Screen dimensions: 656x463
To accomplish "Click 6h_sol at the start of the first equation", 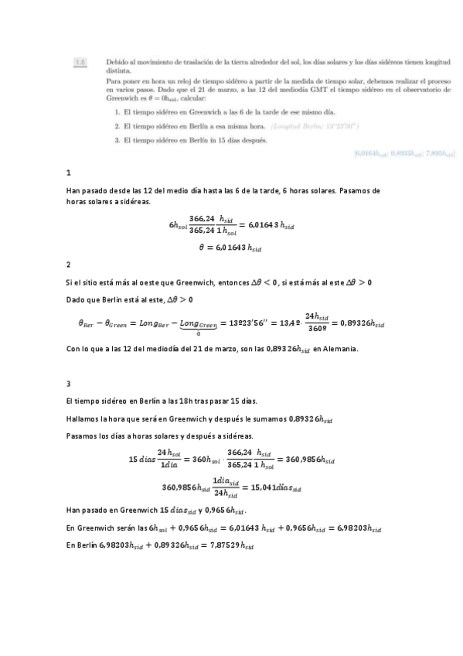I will click(x=177, y=225).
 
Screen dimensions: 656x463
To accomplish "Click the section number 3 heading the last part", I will click(x=70, y=384).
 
